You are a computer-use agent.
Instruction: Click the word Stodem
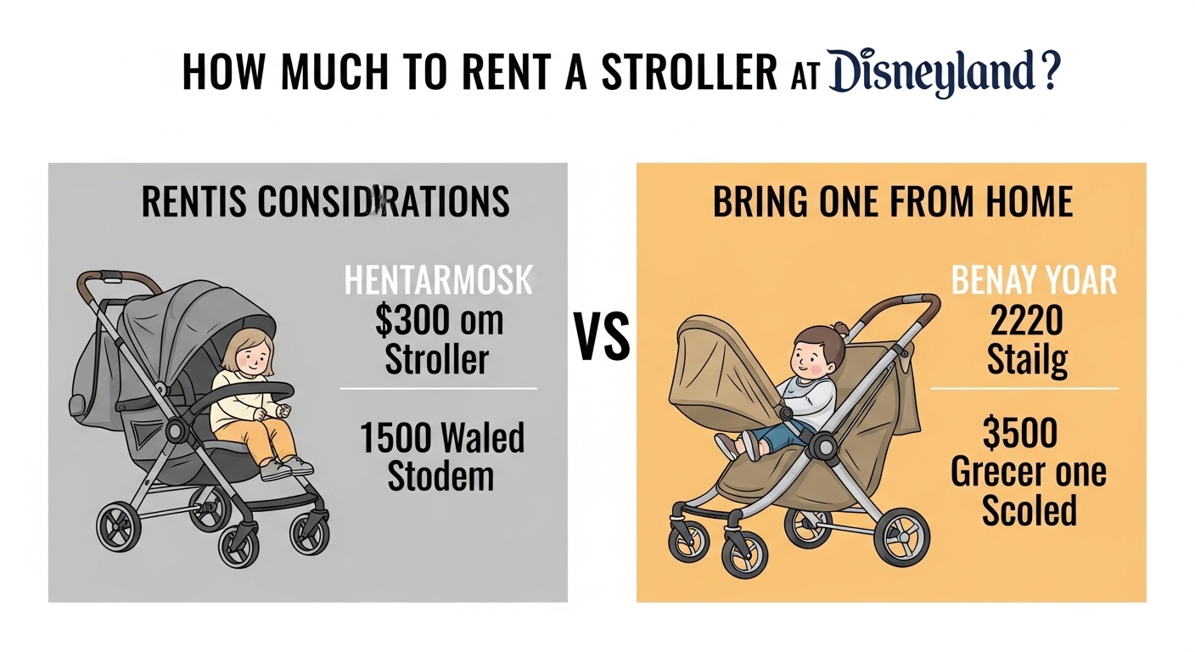click(x=440, y=475)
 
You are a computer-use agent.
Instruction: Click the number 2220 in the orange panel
click(x=1027, y=321)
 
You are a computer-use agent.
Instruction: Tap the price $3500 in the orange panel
click(x=1020, y=434)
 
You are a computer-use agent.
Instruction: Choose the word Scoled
click(x=1029, y=511)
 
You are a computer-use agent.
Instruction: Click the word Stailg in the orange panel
click(x=1027, y=360)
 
